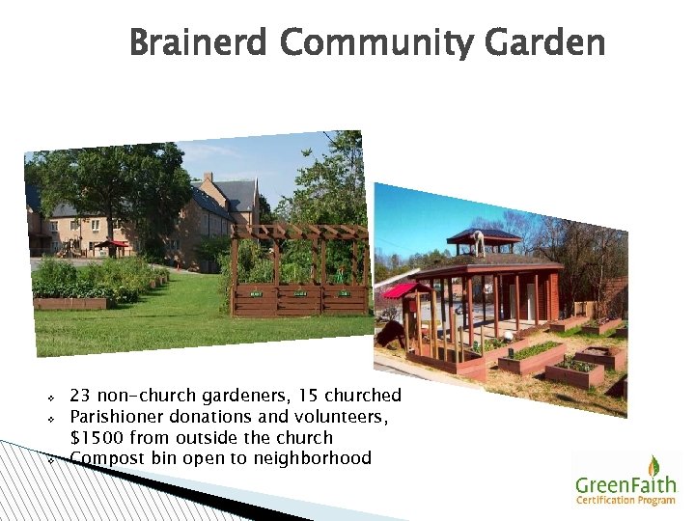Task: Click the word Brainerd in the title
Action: point(199,43)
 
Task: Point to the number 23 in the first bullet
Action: point(80,396)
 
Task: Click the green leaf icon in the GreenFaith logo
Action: point(653,466)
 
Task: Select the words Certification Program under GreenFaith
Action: point(626,499)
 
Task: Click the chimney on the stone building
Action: point(208,178)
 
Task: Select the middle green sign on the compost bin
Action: point(300,292)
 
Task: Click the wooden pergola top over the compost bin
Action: point(298,232)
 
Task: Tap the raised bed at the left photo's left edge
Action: point(68,302)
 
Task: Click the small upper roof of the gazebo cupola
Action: point(484,234)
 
